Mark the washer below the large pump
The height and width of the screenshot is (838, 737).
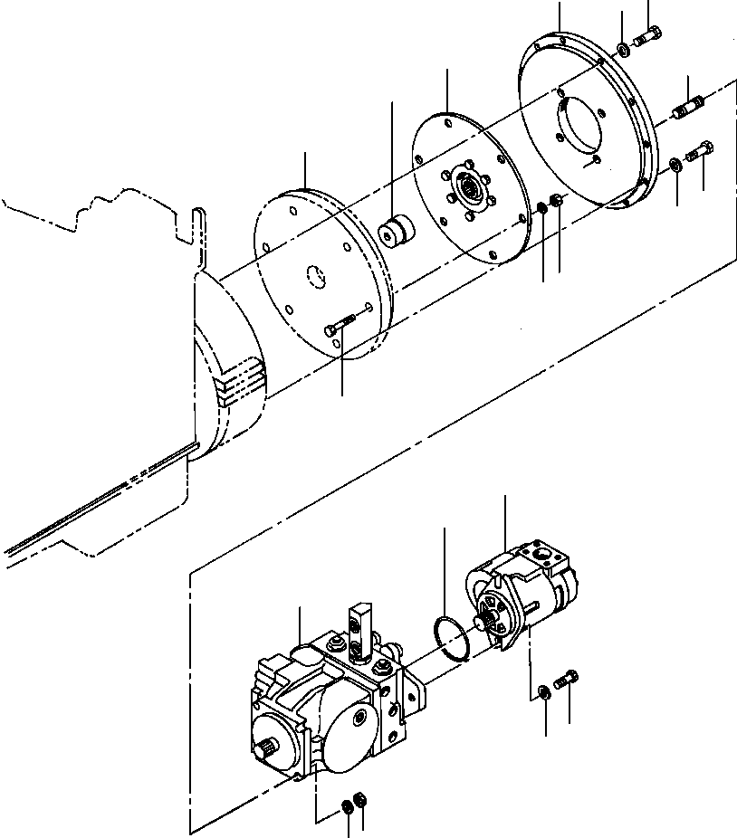click(348, 805)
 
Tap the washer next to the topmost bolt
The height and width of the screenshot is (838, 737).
click(624, 47)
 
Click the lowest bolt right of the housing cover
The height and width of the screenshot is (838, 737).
click(701, 152)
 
